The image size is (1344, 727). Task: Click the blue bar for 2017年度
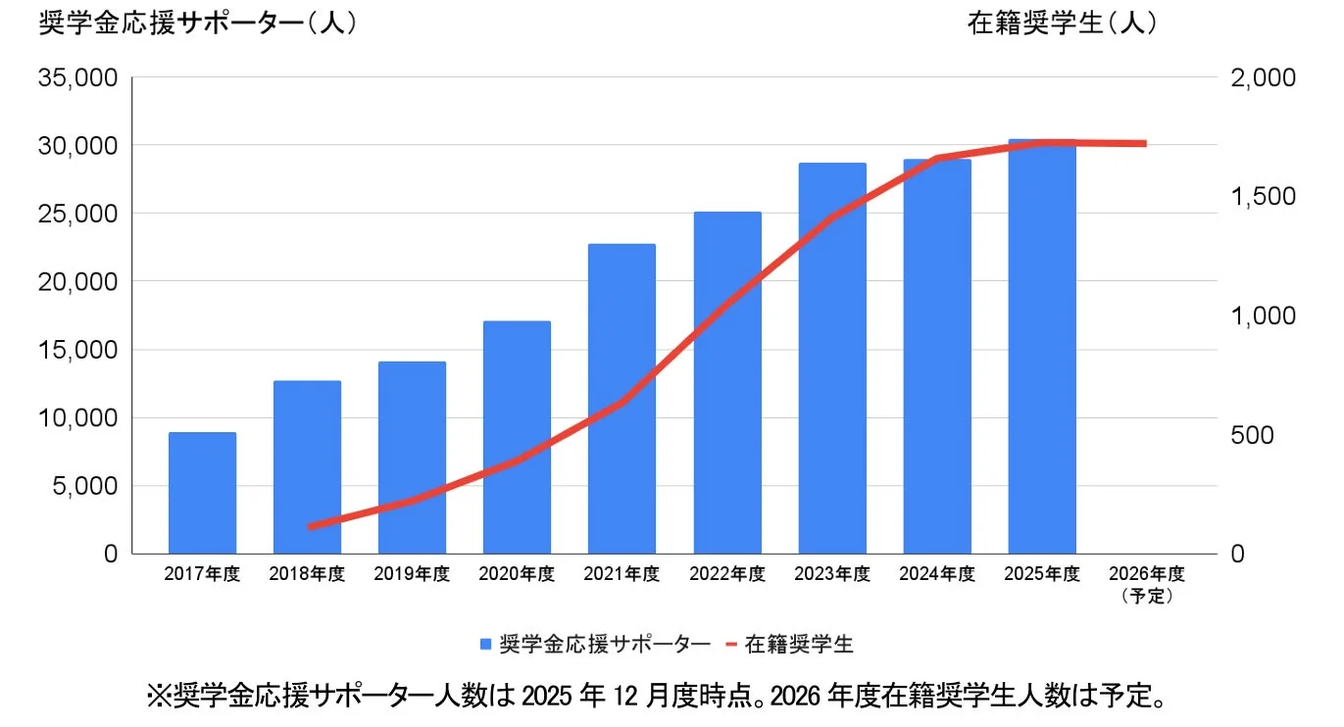pyautogui.click(x=202, y=493)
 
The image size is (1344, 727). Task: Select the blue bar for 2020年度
pyautogui.click(x=517, y=437)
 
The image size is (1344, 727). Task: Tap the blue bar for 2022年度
pyautogui.click(x=727, y=382)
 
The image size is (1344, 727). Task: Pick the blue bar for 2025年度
pyautogui.click(x=1042, y=347)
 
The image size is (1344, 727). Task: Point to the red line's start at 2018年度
pyautogui.click(x=310, y=526)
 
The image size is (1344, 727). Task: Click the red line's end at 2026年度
pyautogui.click(x=1144, y=144)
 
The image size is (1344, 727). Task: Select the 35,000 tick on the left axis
pyautogui.click(x=77, y=77)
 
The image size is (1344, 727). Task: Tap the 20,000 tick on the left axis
pyautogui.click(x=77, y=282)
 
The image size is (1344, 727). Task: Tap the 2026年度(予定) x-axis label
pyautogui.click(x=1147, y=583)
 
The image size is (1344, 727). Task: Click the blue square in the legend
pyautogui.click(x=486, y=645)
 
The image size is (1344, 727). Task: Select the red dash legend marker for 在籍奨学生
pyautogui.click(x=731, y=645)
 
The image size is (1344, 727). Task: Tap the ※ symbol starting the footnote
pyautogui.click(x=159, y=698)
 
